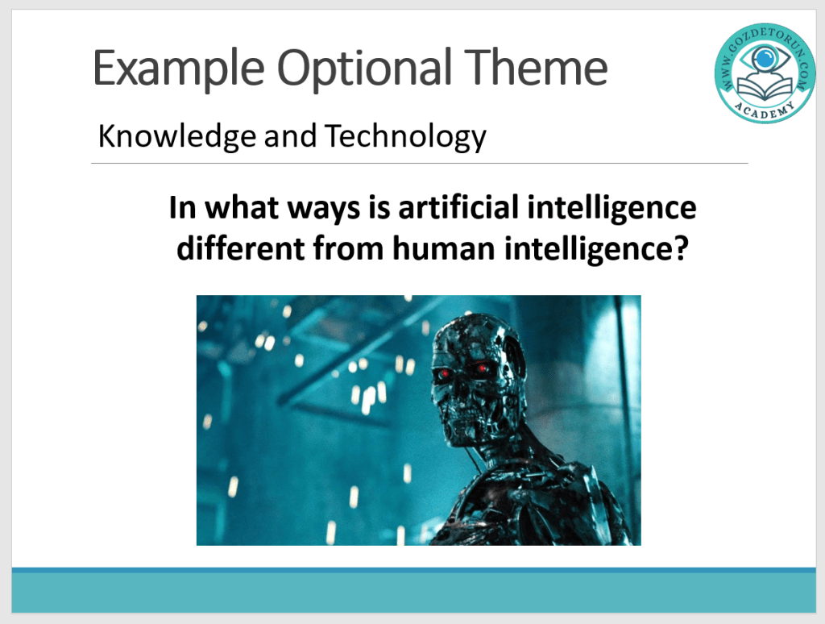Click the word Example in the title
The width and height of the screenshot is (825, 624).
tap(178, 69)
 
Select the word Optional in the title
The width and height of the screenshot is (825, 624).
tap(364, 68)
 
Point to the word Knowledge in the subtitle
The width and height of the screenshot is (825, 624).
tap(177, 137)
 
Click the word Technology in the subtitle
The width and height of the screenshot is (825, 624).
tap(405, 137)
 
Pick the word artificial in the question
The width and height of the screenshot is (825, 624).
tap(458, 206)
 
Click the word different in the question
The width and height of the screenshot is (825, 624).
tap(240, 248)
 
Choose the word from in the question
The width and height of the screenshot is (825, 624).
tap(348, 248)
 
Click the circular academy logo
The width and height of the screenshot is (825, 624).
tap(765, 73)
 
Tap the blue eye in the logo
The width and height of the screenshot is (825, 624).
tap(765, 57)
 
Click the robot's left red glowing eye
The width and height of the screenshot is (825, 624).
tap(444, 374)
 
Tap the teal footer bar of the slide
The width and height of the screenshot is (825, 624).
tap(413, 592)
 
